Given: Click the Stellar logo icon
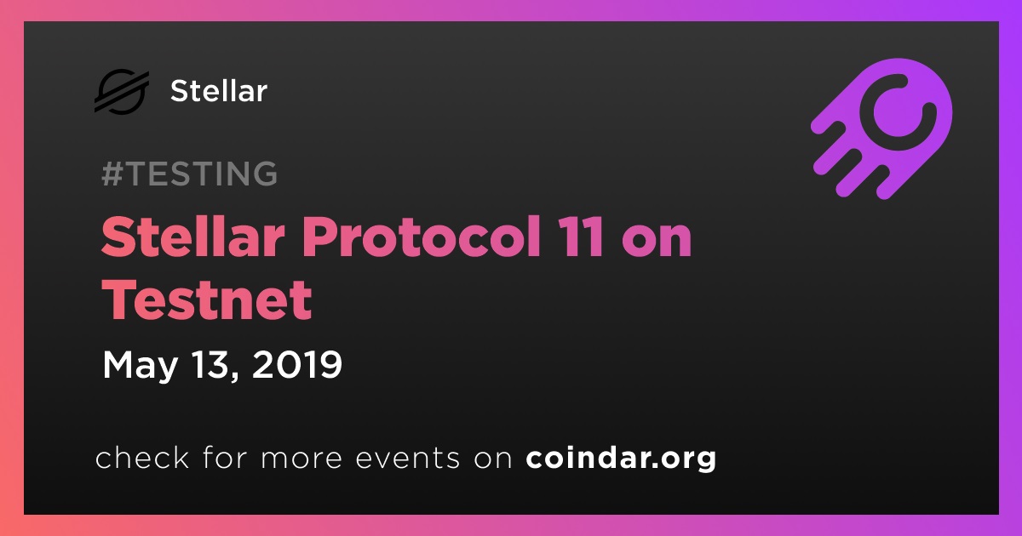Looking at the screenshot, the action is pyautogui.click(x=122, y=91).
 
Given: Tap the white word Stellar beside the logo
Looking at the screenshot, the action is pyautogui.click(x=219, y=91).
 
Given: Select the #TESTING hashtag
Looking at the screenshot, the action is pyautogui.click(x=189, y=174).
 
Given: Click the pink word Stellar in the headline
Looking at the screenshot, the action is pyautogui.click(x=193, y=237).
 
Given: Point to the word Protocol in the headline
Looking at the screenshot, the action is pyautogui.click(x=420, y=237).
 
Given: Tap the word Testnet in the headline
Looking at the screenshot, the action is pyautogui.click(x=207, y=299).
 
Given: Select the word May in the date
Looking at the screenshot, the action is pyautogui.click(x=140, y=366).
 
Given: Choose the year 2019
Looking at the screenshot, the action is pyautogui.click(x=296, y=364).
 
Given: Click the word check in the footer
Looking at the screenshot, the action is pyautogui.click(x=142, y=457).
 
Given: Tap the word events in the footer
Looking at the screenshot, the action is pyautogui.click(x=408, y=459).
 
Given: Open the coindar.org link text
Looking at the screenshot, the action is pyautogui.click(x=621, y=459).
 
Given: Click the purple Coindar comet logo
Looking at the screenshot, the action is pyautogui.click(x=882, y=129).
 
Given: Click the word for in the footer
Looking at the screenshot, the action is pyautogui.click(x=226, y=457).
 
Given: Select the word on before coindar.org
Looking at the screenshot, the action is pyautogui.click(x=493, y=460).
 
